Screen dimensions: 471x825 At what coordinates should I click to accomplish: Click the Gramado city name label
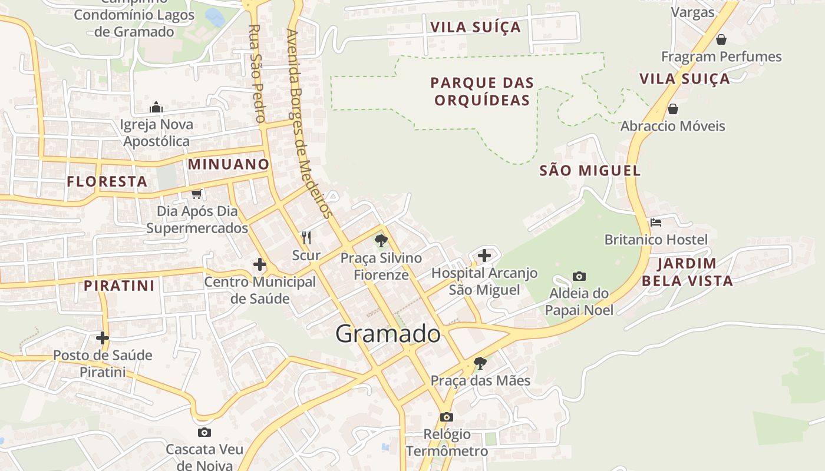point(388,334)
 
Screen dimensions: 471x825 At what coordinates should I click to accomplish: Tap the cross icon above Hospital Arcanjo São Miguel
point(484,256)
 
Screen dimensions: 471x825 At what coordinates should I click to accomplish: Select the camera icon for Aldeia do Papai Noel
point(579,276)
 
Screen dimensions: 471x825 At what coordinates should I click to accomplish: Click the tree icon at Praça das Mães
point(480,363)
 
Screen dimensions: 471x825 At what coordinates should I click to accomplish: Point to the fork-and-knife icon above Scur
point(306,237)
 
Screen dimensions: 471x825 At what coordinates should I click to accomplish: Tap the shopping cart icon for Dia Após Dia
point(196,194)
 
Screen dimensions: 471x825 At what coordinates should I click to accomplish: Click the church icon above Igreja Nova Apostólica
point(156,107)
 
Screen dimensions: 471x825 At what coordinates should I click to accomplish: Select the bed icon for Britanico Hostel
point(656,223)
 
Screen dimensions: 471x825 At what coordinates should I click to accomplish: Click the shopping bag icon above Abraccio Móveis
point(672,109)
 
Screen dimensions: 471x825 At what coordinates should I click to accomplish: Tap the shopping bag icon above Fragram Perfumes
point(721,39)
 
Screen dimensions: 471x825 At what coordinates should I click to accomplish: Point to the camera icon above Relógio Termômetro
point(447,417)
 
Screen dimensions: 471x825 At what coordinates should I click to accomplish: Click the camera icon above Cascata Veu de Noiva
point(204,433)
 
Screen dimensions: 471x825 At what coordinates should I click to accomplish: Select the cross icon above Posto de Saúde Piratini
point(103,338)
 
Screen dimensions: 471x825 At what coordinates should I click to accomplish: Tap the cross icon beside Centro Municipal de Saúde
point(259,264)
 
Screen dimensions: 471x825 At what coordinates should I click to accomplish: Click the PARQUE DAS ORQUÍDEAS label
point(482,91)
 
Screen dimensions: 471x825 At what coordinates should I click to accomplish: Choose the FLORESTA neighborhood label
point(107,181)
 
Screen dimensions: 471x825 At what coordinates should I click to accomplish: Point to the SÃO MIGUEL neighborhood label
point(590,171)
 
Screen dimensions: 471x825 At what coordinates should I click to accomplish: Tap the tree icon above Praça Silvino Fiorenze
point(381,240)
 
